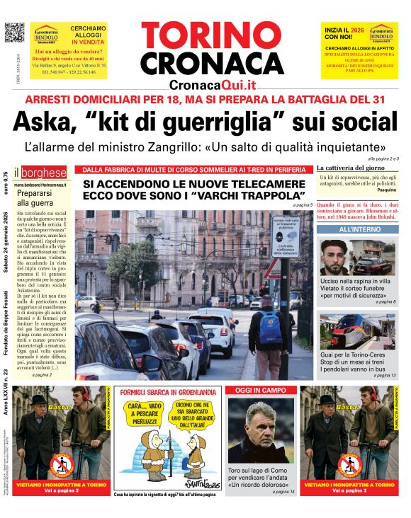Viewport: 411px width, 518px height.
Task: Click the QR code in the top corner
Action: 14,33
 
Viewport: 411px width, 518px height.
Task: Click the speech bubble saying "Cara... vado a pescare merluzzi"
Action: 142,413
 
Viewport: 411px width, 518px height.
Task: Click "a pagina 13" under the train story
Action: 384,375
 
